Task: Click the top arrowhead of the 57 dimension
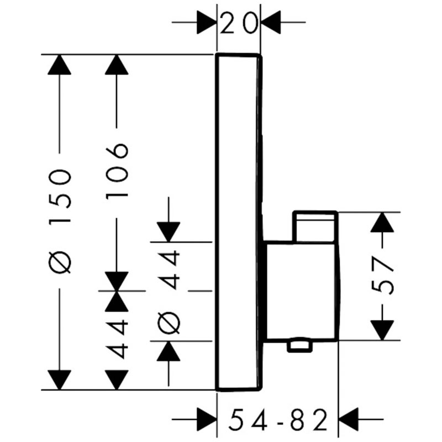[382, 222]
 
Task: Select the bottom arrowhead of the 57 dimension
[382, 330]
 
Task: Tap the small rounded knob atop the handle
[315, 226]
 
